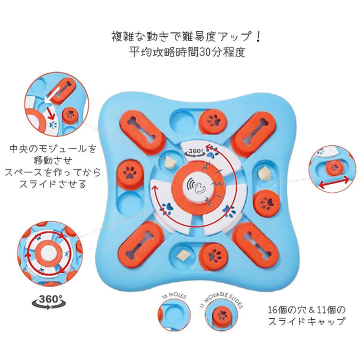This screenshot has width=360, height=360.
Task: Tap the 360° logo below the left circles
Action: click(49, 301)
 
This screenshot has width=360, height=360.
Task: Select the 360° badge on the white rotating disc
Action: click(195, 152)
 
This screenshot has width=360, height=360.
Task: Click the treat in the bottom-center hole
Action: click(183, 254)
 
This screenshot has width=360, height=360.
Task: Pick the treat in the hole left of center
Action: click(170, 162)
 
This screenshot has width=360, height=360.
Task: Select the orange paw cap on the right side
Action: click(266, 203)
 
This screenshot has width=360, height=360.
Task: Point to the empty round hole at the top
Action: click(183, 120)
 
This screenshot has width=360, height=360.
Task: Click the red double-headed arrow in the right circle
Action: click(334, 183)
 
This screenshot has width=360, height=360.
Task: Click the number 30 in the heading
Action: click(205, 52)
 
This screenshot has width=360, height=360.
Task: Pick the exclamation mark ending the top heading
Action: click(258, 37)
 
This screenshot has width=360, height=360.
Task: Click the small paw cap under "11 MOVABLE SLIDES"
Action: click(222, 316)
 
